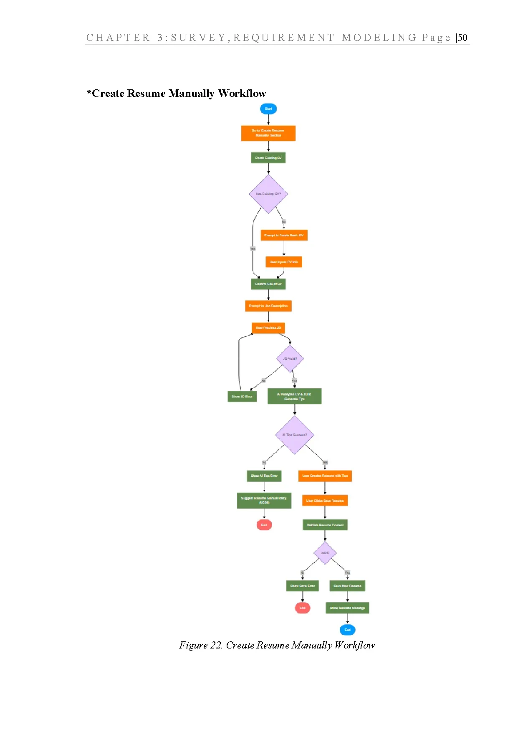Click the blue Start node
coord(268,109)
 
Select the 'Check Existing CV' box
coord(268,158)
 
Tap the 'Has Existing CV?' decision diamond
coord(268,194)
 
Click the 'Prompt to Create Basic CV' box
coord(284,235)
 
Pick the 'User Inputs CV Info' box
coord(284,262)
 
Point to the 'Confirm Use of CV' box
coord(268,284)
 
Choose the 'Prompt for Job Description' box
coord(268,306)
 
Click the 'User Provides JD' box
coord(268,328)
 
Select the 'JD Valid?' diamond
coord(290,358)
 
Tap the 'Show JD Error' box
coord(242,396)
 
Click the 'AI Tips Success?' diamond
coord(294,435)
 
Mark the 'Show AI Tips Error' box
coord(264,476)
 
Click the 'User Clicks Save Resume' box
coord(325,500)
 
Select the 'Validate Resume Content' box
coord(325,525)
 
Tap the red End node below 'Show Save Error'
coord(302,608)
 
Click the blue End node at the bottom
coord(347,630)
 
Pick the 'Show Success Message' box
coord(347,608)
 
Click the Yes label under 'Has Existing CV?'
coord(253,248)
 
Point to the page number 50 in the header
coord(462,38)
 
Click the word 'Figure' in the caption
coord(193,645)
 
